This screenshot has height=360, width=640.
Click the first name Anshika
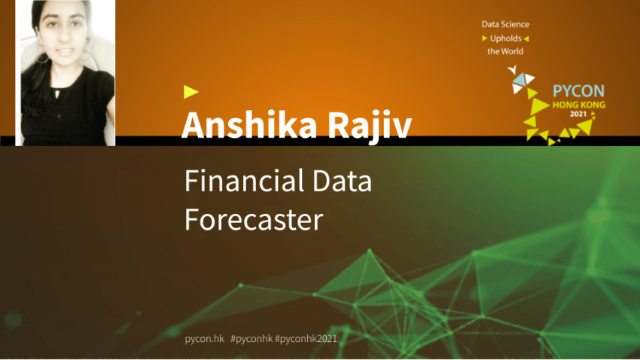pyautogui.click(x=249, y=124)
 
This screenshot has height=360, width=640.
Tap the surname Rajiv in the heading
pyautogui.click(x=370, y=126)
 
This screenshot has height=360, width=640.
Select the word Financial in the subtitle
pyautogui.click(x=244, y=181)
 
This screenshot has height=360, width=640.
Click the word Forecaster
pyautogui.click(x=254, y=219)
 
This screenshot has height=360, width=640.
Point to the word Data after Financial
pyautogui.click(x=342, y=181)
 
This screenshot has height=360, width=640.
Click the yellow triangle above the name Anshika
pyautogui.click(x=190, y=92)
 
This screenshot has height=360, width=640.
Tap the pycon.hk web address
pyautogui.click(x=205, y=339)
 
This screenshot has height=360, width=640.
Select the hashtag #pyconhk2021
pyautogui.click(x=306, y=339)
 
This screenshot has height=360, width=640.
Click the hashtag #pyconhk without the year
pyautogui.click(x=251, y=339)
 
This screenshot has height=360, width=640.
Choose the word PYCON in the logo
pyautogui.click(x=578, y=90)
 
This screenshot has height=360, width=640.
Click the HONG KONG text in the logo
pyautogui.click(x=579, y=105)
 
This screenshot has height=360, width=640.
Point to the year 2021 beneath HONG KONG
pyautogui.click(x=578, y=114)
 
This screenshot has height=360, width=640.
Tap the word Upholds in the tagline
pyautogui.click(x=506, y=38)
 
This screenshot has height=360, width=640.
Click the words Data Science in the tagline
pyautogui.click(x=505, y=25)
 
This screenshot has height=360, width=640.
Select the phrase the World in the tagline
pyautogui.click(x=505, y=51)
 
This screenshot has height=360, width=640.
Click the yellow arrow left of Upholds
pyautogui.click(x=484, y=38)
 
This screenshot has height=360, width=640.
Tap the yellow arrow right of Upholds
pyautogui.click(x=526, y=38)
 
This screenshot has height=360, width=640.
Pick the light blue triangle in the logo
pyautogui.click(x=520, y=79)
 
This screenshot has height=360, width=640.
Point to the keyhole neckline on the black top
pyautogui.click(x=57, y=93)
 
